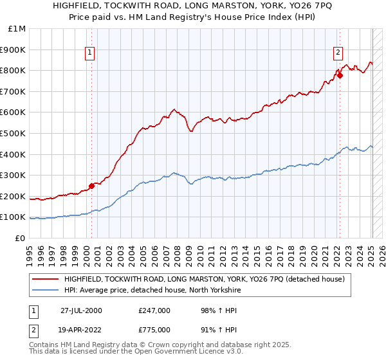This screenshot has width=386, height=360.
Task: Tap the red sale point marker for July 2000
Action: pos(91,186)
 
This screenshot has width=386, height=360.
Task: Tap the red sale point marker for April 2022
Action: pos(340,75)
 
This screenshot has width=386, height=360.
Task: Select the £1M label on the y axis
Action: pos(17,29)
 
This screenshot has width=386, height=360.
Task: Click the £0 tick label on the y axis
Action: pos(21,238)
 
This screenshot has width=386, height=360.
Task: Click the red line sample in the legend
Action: pos(45,279)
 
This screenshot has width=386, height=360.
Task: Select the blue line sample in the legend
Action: pos(45,291)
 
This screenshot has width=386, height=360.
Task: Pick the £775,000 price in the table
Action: pos(154,329)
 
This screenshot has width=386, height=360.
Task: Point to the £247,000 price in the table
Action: pos(154,310)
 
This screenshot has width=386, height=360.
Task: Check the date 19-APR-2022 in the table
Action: pos(81,329)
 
